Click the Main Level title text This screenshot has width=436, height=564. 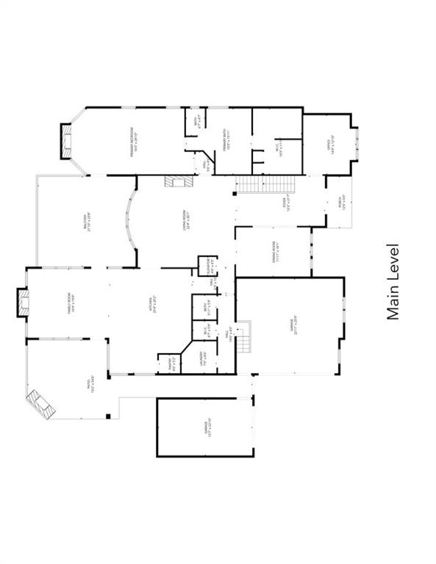(393, 282)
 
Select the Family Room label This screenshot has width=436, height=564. (69, 304)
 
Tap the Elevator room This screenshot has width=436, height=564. (209, 265)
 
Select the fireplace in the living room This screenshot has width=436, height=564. (177, 181)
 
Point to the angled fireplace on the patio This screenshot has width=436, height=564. (41, 403)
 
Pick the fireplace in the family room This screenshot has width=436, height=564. (24, 303)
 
